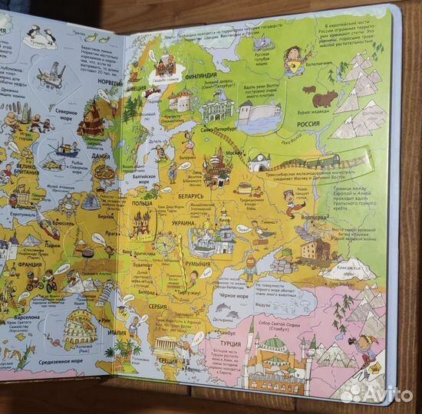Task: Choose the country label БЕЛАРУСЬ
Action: tap(189, 196)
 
